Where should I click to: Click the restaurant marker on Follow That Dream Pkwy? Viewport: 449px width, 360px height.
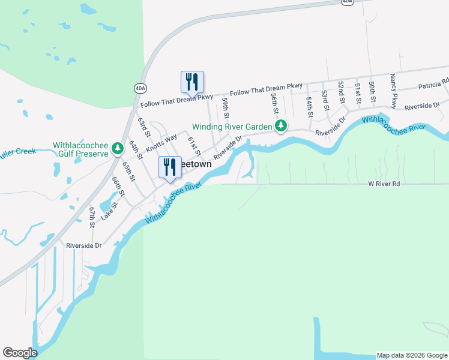(192, 82)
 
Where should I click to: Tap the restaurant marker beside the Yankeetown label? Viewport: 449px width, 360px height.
(170, 167)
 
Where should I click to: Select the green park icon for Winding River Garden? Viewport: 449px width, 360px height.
(280, 126)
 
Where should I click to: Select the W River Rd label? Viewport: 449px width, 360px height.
(384, 184)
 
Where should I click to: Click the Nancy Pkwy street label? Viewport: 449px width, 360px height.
(393, 91)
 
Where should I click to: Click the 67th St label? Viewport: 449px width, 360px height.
(92, 217)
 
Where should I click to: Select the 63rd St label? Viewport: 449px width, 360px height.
(143, 127)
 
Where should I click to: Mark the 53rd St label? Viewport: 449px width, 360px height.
(325, 100)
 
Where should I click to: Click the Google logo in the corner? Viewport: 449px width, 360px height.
(20, 353)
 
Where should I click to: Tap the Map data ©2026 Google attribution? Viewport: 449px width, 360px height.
(412, 355)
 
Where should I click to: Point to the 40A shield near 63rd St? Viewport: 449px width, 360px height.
(140, 88)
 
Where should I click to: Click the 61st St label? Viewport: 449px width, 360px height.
(193, 146)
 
